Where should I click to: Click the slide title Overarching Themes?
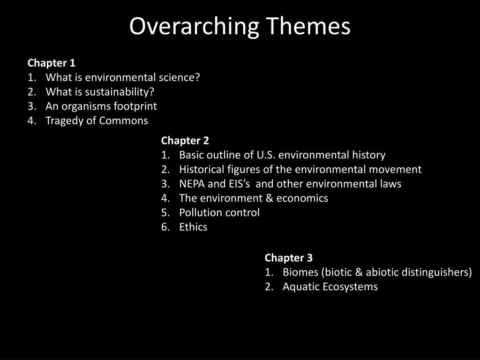click(240, 26)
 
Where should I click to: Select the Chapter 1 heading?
click(52, 63)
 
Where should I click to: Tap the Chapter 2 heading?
click(185, 141)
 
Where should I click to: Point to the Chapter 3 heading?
click(288, 258)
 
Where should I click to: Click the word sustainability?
click(120, 92)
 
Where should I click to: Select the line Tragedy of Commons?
click(97, 121)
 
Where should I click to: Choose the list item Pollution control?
click(219, 213)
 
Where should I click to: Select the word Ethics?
click(193, 227)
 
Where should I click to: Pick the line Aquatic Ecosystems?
click(330, 287)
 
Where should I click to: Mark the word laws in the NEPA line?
click(391, 184)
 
